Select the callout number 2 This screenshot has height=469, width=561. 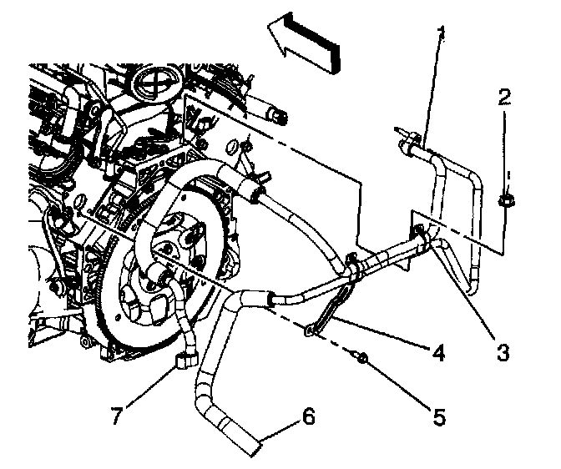pyautogui.click(x=503, y=98)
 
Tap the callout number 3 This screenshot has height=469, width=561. pyautogui.click(x=501, y=353)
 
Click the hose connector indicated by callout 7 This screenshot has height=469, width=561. pyautogui.click(x=184, y=361)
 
